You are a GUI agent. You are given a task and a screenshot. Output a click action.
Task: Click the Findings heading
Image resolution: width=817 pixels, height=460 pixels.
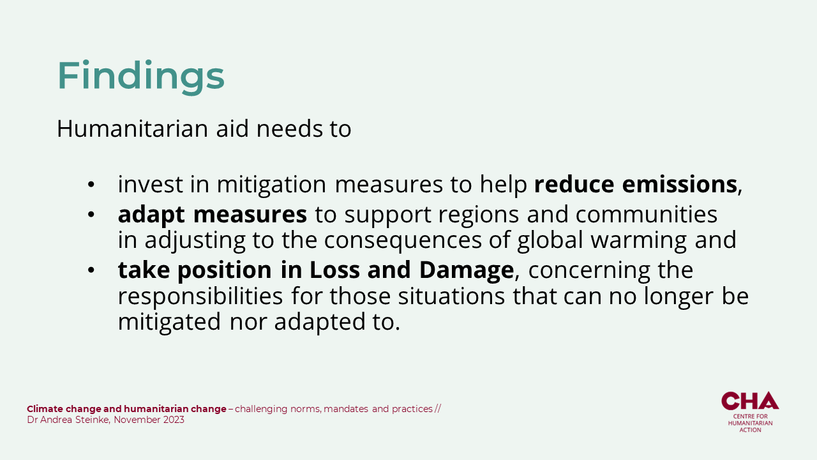(141, 76)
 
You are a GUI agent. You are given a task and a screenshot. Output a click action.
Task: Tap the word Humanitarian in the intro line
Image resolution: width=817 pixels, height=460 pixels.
(132, 128)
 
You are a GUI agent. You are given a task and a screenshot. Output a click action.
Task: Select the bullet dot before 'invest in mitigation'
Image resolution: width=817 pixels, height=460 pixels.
(91, 185)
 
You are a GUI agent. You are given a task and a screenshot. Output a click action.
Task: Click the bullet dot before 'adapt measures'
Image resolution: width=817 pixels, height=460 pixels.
(91, 215)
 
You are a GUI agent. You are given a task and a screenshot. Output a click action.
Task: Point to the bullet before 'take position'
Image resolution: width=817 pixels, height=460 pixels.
(91, 270)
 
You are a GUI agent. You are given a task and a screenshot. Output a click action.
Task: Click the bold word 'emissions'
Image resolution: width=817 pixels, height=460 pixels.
(680, 184)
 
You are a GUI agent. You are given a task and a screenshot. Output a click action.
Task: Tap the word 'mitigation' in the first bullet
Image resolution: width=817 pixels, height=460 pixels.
(271, 185)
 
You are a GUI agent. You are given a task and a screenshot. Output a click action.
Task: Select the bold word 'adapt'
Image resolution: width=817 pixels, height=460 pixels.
(151, 215)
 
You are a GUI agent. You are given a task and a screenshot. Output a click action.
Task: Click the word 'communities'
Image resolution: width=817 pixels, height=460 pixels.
(647, 214)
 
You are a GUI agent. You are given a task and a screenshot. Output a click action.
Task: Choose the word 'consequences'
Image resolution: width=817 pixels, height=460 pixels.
(403, 241)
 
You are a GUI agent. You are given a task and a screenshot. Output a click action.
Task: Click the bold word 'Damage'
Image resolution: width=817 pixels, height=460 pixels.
(467, 270)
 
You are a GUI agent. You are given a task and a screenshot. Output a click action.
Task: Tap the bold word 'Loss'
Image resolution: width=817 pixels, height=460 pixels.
(334, 270)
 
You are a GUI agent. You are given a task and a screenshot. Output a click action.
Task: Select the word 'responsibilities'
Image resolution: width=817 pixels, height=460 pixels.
(200, 296)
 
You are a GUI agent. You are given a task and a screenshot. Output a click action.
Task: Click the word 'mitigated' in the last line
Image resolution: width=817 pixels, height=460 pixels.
(169, 323)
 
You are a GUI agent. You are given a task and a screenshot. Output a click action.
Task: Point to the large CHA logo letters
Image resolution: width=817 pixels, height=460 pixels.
(750, 401)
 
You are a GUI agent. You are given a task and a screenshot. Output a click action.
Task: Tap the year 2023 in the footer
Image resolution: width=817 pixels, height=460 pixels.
(174, 420)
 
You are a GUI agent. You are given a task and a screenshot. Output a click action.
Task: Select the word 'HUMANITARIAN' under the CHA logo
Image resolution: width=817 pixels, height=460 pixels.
(750, 423)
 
